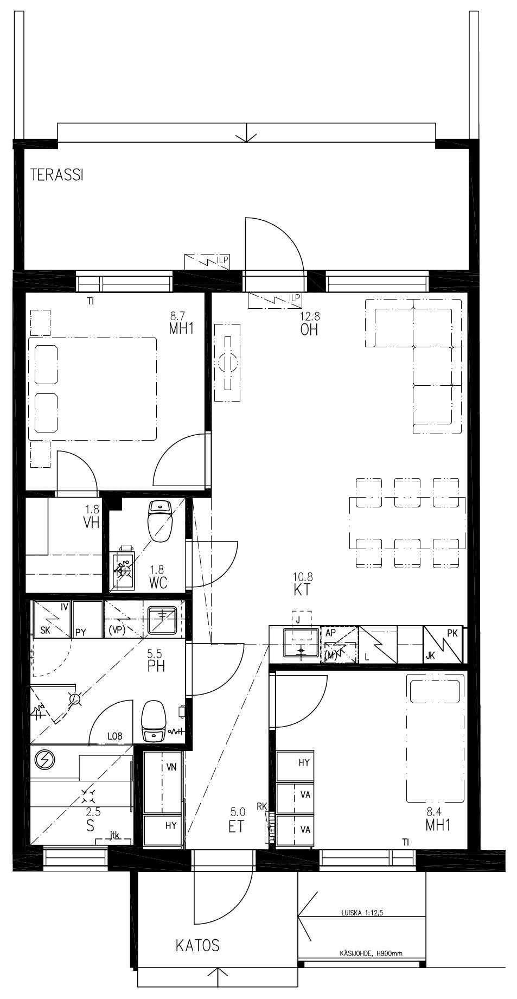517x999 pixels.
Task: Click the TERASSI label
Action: (56, 175)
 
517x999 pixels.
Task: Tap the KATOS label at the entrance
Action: (197, 946)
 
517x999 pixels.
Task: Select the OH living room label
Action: (309, 330)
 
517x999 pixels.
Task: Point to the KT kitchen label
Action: (302, 590)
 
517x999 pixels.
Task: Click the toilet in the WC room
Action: (159, 521)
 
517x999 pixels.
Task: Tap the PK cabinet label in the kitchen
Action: (452, 633)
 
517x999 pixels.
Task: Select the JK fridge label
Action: (430, 656)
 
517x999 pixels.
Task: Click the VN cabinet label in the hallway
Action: (171, 767)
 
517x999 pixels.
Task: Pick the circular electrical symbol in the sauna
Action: (43, 760)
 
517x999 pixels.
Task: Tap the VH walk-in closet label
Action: (91, 523)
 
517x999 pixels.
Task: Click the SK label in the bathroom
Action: (46, 632)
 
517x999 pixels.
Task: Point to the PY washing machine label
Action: (81, 632)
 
